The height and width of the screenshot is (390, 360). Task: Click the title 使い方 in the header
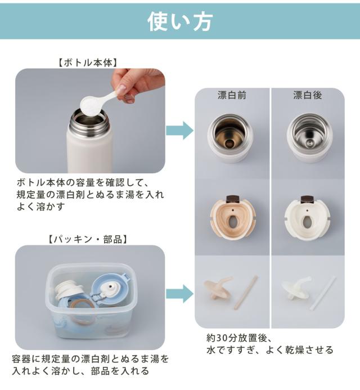click(x=180, y=22)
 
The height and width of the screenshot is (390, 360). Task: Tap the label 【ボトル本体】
click(x=88, y=63)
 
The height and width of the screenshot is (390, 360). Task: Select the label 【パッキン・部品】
click(x=88, y=239)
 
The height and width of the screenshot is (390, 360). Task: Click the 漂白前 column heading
click(x=232, y=95)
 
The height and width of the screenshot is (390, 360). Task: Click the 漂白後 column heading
click(x=308, y=95)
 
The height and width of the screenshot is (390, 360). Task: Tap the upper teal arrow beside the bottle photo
click(x=179, y=131)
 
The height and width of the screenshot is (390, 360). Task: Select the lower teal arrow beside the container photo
click(x=179, y=294)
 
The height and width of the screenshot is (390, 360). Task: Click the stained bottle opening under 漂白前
click(x=230, y=138)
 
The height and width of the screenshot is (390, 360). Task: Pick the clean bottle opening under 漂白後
click(x=309, y=138)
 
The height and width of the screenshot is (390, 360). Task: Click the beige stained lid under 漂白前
click(x=233, y=218)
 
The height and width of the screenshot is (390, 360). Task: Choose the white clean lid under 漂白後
click(x=307, y=218)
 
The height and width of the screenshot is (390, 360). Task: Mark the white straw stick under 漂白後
click(x=322, y=293)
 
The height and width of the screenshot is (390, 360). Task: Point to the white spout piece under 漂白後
click(x=296, y=288)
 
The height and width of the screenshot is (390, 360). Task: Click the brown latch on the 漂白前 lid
click(x=233, y=199)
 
